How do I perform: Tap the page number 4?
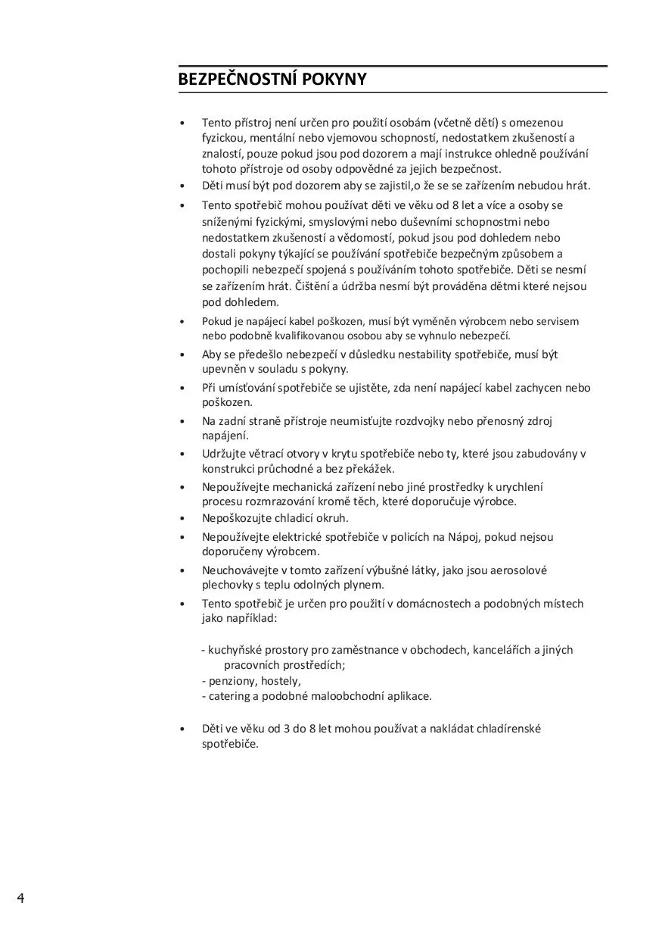click(20, 898)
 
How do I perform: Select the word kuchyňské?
click(235, 650)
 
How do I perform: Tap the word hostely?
click(281, 680)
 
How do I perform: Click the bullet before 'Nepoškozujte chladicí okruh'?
click(182, 519)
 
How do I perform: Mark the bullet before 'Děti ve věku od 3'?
click(182, 729)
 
